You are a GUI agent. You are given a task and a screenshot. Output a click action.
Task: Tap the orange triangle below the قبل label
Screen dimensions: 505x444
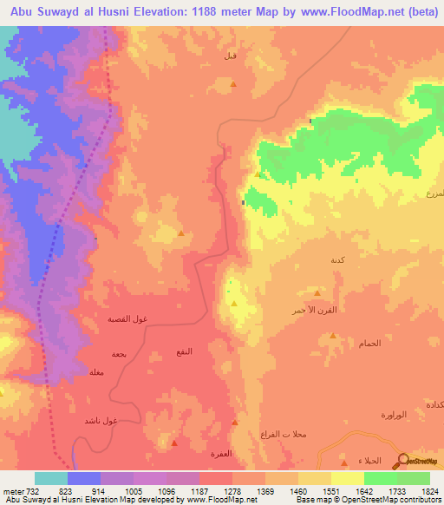(x=233, y=84)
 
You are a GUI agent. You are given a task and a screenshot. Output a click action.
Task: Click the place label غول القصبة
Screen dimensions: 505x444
(x=127, y=319)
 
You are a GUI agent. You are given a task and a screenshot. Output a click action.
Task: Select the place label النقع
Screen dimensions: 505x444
(x=185, y=351)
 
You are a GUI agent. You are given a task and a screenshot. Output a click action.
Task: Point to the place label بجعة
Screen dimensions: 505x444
(x=119, y=354)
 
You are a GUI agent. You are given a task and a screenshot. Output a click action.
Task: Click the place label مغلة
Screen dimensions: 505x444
(x=97, y=372)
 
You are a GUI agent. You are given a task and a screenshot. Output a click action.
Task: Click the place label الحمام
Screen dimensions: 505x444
(x=369, y=344)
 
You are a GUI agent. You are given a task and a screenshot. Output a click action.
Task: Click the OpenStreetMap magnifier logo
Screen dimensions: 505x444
(x=406, y=460)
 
